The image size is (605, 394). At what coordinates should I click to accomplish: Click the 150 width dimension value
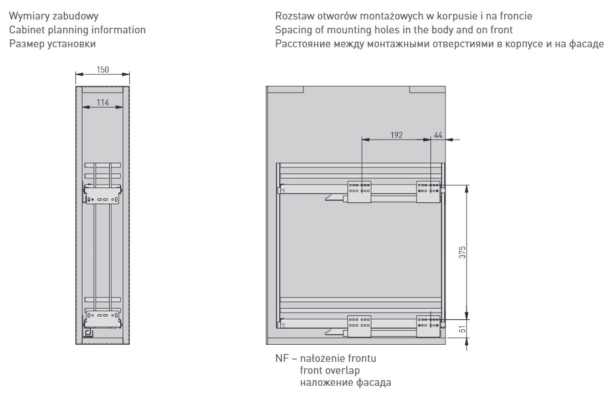coord(102,69)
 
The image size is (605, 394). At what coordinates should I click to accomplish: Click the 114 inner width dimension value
coord(102,103)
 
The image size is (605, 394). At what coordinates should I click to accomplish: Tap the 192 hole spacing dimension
coord(396,135)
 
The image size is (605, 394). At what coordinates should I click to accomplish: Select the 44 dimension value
coord(438,135)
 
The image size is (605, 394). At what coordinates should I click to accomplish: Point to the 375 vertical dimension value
coord(462,252)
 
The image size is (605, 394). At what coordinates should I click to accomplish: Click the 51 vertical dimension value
coord(462,329)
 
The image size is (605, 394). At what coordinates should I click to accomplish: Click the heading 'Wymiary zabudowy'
coord(54,16)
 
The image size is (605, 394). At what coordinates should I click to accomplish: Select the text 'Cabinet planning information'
coord(77,30)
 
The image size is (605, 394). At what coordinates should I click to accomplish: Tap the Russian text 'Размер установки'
coord(53,44)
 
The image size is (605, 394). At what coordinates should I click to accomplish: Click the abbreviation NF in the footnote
coord(281,358)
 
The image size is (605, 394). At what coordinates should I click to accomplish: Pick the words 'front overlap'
coord(330,371)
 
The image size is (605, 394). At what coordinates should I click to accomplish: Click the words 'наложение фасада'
coord(345,382)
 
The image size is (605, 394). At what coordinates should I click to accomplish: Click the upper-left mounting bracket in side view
coord(359,192)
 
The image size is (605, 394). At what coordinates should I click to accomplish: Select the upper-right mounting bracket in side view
coord(428,191)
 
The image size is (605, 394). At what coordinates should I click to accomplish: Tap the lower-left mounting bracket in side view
coord(359,326)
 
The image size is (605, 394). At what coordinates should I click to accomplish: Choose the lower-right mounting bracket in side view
coord(428,326)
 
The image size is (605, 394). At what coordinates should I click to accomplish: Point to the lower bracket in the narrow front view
coord(102,319)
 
